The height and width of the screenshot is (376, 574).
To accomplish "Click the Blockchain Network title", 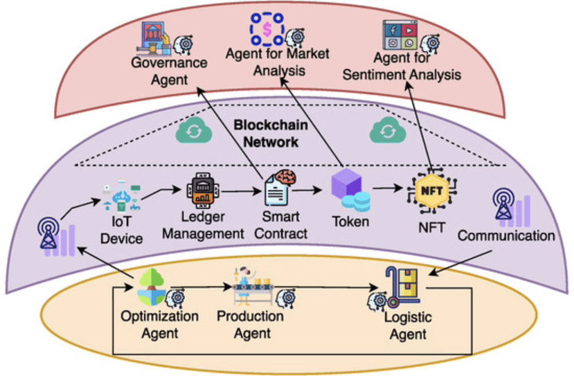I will coord(266,134).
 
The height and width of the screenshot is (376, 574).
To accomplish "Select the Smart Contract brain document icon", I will coord(279,185).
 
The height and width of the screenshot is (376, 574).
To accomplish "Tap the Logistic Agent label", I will coord(407,326).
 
